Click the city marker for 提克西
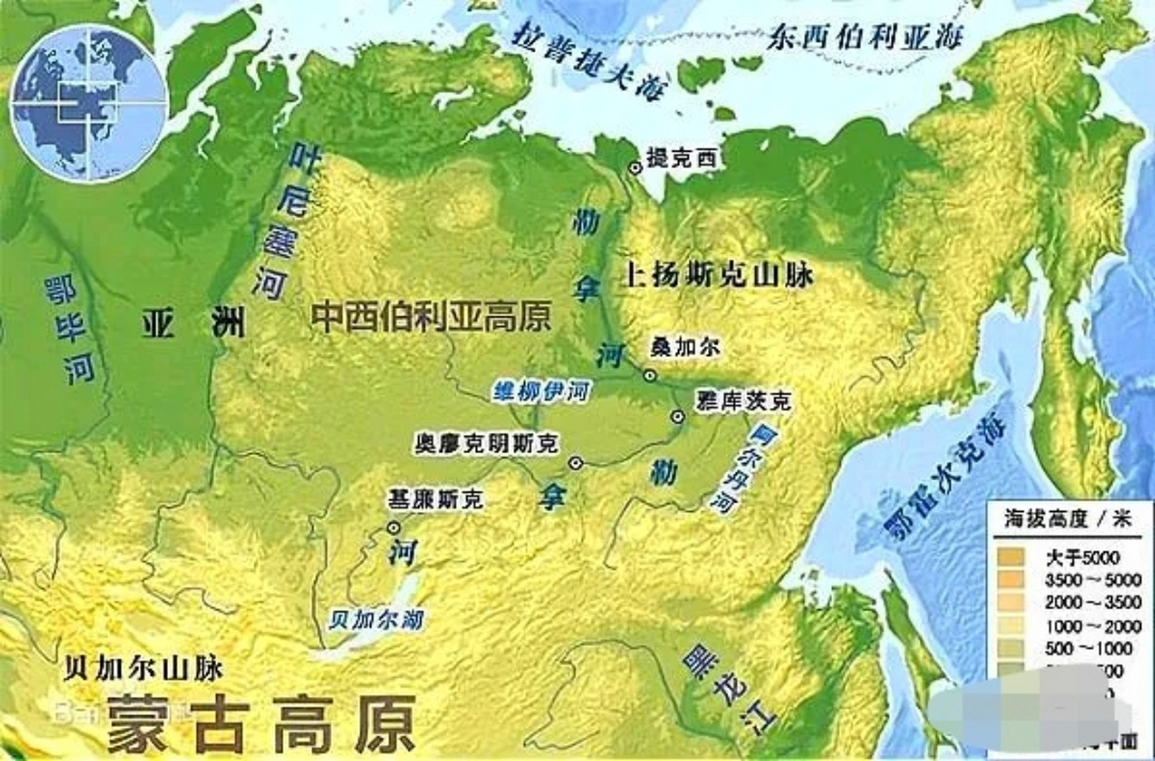tap(636, 168)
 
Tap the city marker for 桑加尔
tap(650, 375)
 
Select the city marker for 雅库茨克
tap(677, 416)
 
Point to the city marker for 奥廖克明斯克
tap(575, 463)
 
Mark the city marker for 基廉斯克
tap(393, 527)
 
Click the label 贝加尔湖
tap(376, 620)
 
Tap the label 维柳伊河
tap(541, 392)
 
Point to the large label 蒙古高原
tap(262, 723)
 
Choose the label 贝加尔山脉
tap(143, 669)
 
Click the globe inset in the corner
tap(90, 105)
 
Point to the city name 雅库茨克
tap(743, 401)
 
